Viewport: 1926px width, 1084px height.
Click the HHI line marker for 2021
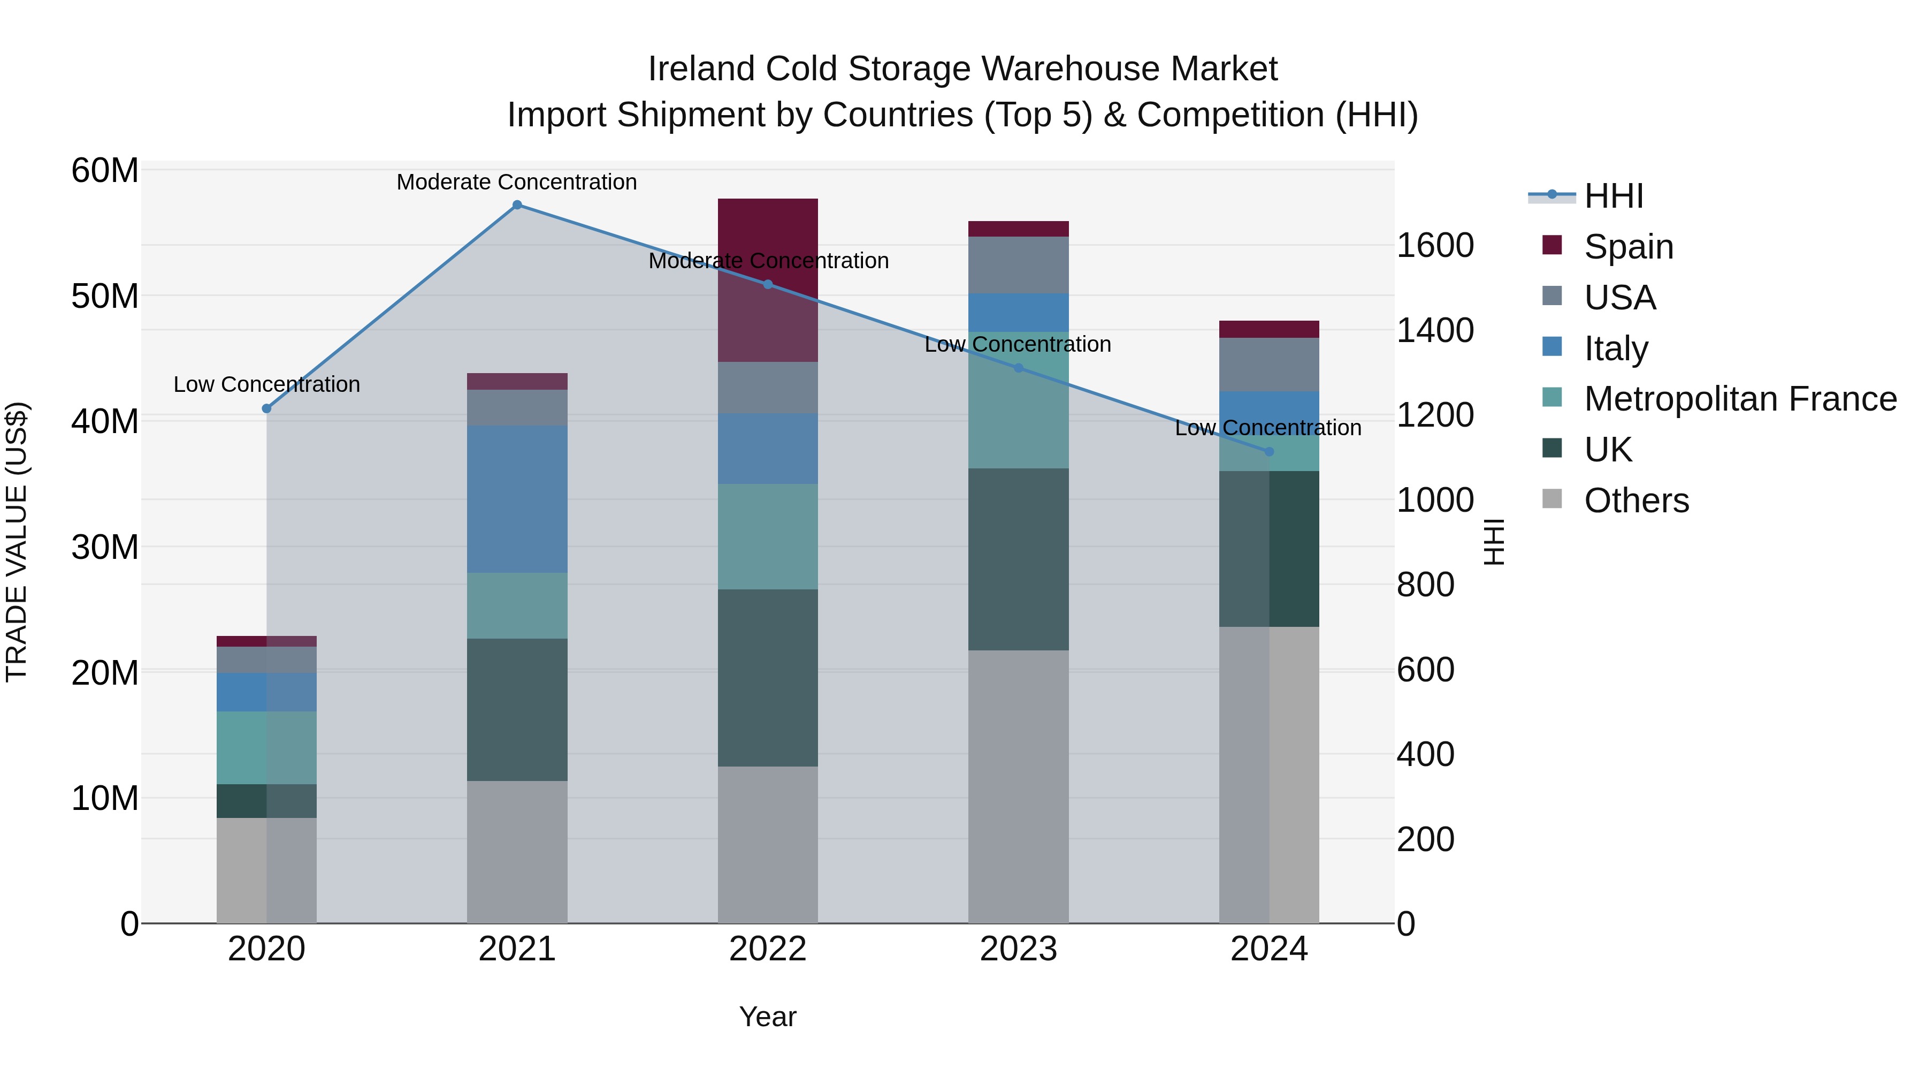[x=517, y=205]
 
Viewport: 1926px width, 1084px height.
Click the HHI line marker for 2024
[x=1269, y=452]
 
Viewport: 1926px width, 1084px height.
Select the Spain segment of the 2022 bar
[x=768, y=239]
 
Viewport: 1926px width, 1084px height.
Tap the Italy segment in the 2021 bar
[x=517, y=499]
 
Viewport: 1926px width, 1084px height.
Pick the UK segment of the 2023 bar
[x=1018, y=559]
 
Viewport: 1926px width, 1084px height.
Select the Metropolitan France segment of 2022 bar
[x=768, y=536]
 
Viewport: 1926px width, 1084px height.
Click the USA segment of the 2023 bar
[x=1018, y=265]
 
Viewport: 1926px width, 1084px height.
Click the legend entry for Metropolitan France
[x=1740, y=399]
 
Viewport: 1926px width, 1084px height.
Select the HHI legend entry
[x=1614, y=196]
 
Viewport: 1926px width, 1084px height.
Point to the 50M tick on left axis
[x=105, y=296]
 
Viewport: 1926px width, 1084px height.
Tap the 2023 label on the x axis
[x=1018, y=949]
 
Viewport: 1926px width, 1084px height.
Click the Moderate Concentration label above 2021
[x=517, y=182]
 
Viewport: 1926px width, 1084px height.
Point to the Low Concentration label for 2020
[x=267, y=384]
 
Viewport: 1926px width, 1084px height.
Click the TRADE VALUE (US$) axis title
[x=17, y=542]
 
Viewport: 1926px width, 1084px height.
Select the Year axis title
[x=768, y=1017]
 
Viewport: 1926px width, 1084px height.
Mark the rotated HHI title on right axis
[x=1493, y=542]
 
